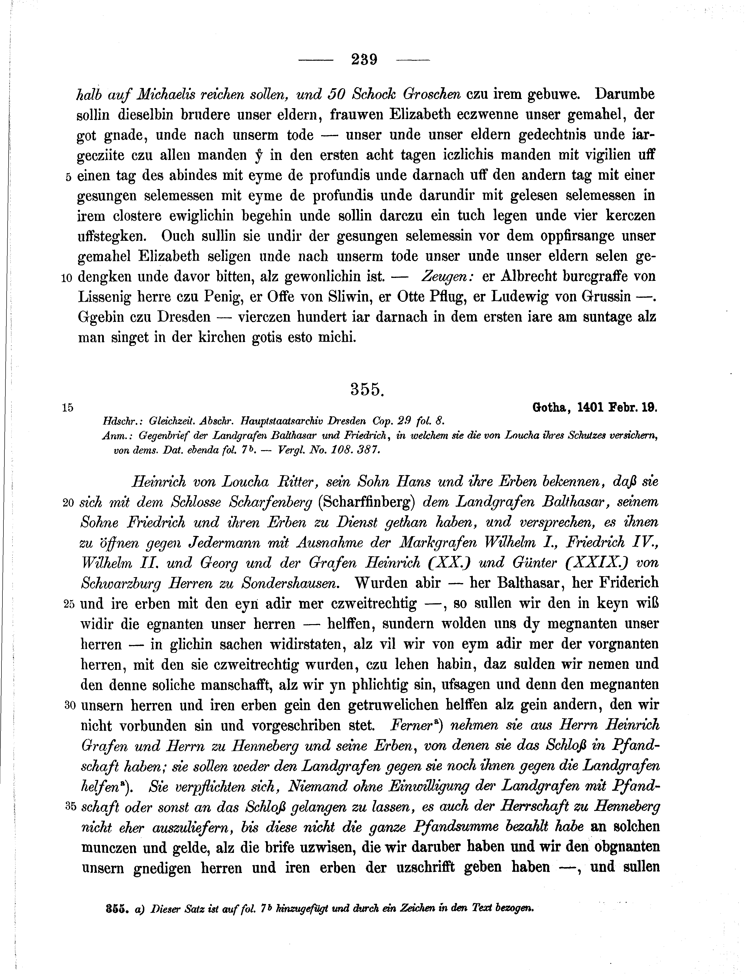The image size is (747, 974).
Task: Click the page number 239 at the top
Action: [364, 59]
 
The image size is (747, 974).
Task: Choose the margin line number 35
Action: [70, 806]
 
